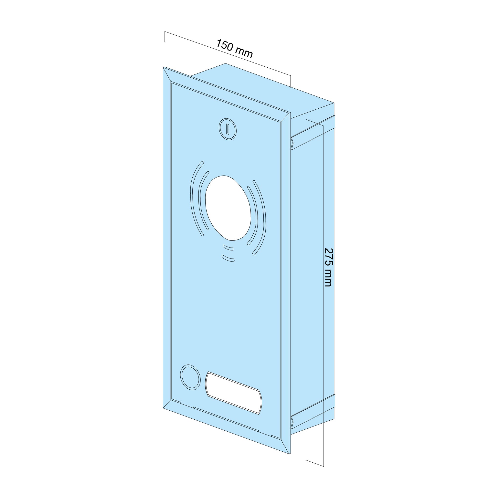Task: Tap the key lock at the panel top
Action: [228, 129]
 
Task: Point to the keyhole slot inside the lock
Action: [228, 129]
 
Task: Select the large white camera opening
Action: [228, 208]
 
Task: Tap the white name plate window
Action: [233, 394]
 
